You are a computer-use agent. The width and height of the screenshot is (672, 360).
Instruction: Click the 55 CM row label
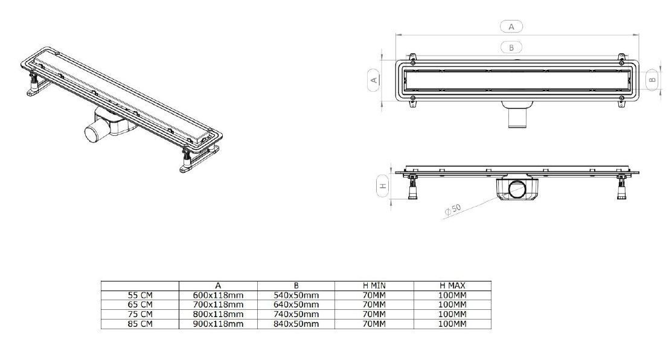139,295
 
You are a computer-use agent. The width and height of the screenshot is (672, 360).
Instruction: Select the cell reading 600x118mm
218,295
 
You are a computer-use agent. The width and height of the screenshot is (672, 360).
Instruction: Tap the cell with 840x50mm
296,324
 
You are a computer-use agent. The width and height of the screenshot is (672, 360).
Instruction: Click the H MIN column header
374,285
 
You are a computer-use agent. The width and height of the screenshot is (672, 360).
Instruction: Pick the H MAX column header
452,285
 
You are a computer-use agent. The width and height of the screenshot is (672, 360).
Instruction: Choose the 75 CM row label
139,314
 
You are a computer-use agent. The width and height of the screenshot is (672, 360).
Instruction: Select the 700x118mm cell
218,304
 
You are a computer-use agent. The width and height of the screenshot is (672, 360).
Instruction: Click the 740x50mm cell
296,314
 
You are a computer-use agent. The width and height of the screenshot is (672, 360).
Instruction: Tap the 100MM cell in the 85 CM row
452,324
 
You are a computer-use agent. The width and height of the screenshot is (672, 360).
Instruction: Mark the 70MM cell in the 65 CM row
374,304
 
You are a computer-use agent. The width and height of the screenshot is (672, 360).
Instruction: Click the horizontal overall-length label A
511,26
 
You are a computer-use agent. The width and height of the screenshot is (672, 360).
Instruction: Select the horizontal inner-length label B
511,47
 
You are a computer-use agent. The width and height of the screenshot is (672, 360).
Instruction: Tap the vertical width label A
373,79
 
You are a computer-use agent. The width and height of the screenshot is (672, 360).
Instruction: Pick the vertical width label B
652,79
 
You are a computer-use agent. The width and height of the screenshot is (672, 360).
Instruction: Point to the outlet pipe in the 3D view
94,132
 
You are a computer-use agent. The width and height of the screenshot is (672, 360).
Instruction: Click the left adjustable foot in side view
413,187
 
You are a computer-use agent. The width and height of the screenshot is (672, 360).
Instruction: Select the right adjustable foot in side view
621,187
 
